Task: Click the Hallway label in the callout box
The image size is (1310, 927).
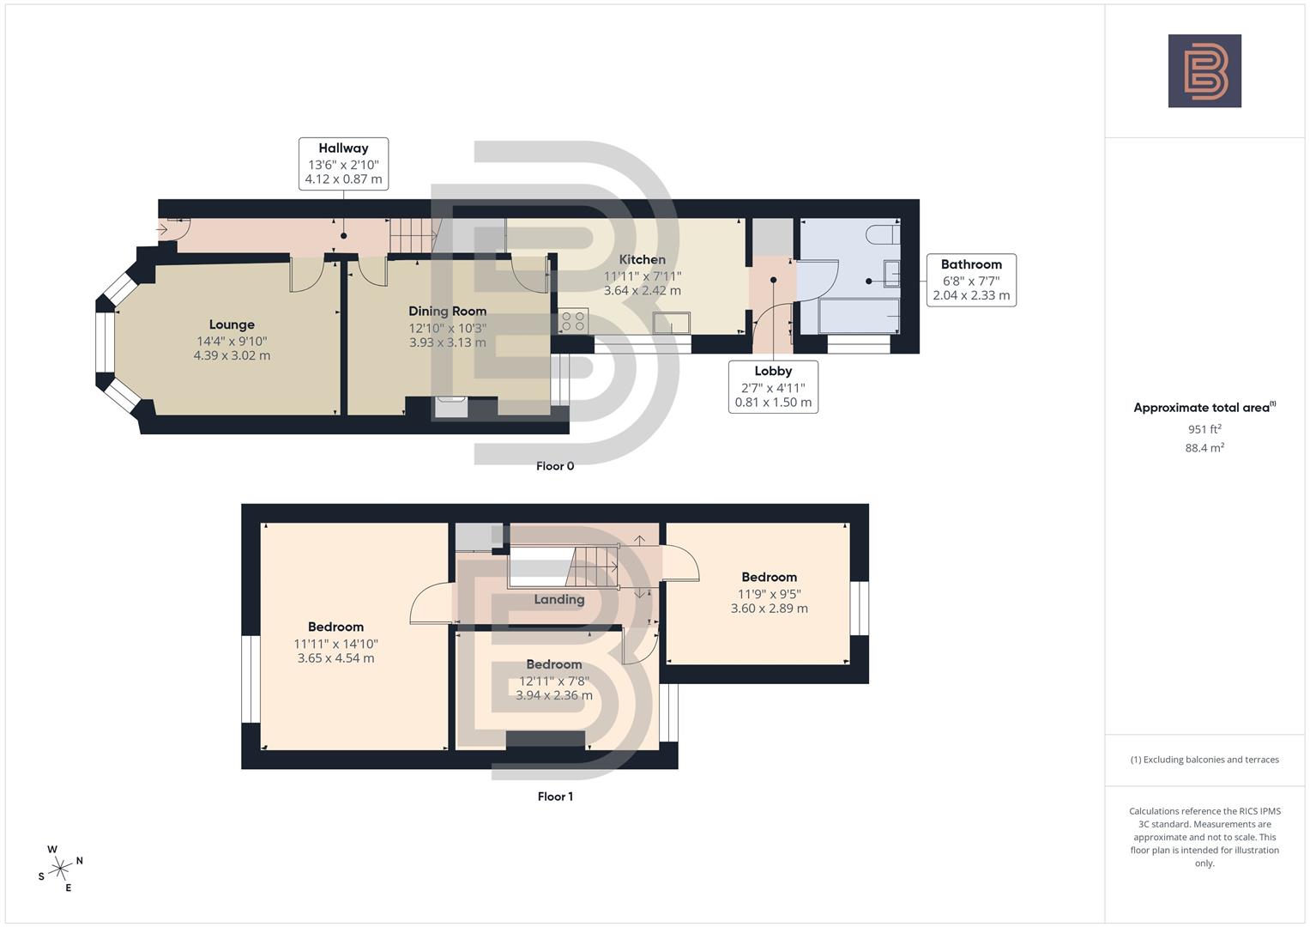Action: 343,148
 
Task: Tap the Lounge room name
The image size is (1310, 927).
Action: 232,324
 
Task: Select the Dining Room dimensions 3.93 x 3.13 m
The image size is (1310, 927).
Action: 447,342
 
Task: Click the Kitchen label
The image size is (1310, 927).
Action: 642,259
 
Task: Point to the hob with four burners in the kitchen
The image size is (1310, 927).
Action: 573,321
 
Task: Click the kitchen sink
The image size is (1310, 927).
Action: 671,323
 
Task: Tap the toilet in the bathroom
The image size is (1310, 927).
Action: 882,233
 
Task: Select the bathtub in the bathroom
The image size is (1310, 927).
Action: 859,316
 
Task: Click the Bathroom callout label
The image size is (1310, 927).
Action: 971,264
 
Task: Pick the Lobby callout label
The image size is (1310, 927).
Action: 773,371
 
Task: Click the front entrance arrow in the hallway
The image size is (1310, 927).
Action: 163,229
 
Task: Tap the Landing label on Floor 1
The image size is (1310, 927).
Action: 558,599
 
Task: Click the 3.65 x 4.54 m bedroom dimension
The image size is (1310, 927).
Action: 335,658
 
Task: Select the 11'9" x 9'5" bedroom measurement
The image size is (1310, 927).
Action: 769,593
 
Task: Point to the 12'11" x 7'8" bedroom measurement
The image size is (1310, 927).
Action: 554,681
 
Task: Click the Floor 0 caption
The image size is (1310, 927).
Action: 555,466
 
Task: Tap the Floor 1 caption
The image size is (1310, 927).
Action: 555,797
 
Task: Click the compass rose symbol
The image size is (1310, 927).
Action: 60,869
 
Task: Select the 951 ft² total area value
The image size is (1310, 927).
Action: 1204,429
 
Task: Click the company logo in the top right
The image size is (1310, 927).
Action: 1204,70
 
